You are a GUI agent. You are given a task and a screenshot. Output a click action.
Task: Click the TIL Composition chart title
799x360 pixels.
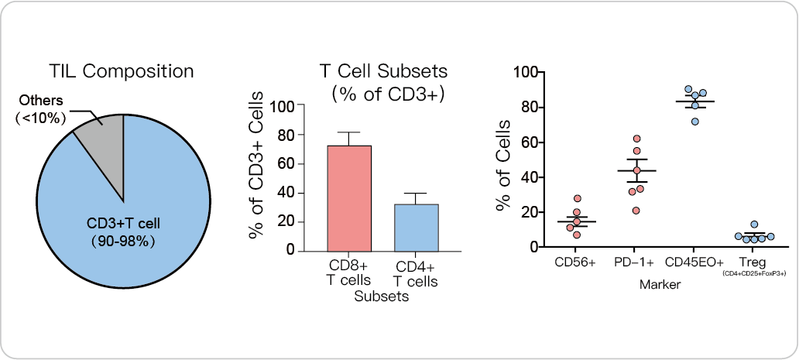pos(122,72)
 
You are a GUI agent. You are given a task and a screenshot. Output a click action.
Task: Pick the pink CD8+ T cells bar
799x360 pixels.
pos(349,198)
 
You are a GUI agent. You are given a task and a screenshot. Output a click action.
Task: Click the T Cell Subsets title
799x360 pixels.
pos(385,71)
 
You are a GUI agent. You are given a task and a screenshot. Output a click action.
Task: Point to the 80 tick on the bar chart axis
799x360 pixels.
pos(287,135)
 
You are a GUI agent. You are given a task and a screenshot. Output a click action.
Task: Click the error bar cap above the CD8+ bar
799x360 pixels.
pos(349,132)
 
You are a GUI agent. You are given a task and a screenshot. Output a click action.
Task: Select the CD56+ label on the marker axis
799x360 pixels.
pos(575,262)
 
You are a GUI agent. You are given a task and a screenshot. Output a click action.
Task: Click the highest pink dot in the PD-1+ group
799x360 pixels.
pos(637,139)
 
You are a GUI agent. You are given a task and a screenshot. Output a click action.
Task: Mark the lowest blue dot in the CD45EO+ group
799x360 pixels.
pos(695,121)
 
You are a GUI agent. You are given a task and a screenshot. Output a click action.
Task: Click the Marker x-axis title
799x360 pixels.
pos(660,285)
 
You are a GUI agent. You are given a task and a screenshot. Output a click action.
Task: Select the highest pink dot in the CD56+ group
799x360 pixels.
pos(577,199)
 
